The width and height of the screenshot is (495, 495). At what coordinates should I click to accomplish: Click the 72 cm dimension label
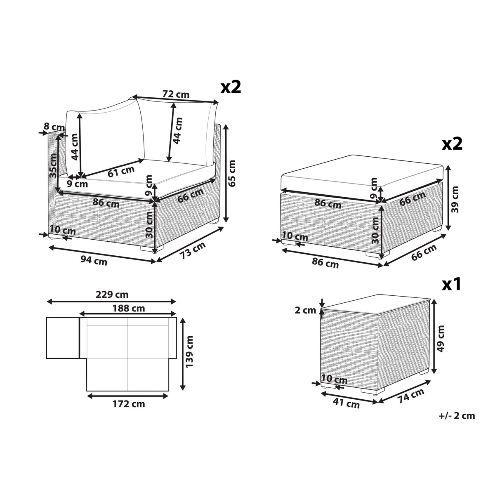click(176, 94)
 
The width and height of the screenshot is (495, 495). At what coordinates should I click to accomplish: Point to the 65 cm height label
click(232, 173)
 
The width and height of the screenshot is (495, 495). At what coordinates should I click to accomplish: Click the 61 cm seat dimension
click(121, 171)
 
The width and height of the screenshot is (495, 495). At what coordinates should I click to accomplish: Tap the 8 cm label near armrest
click(54, 127)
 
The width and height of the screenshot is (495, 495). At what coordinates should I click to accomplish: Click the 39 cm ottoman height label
click(455, 199)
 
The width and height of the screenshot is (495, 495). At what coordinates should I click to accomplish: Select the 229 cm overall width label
click(112, 295)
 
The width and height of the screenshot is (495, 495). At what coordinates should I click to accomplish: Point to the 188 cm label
click(129, 308)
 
